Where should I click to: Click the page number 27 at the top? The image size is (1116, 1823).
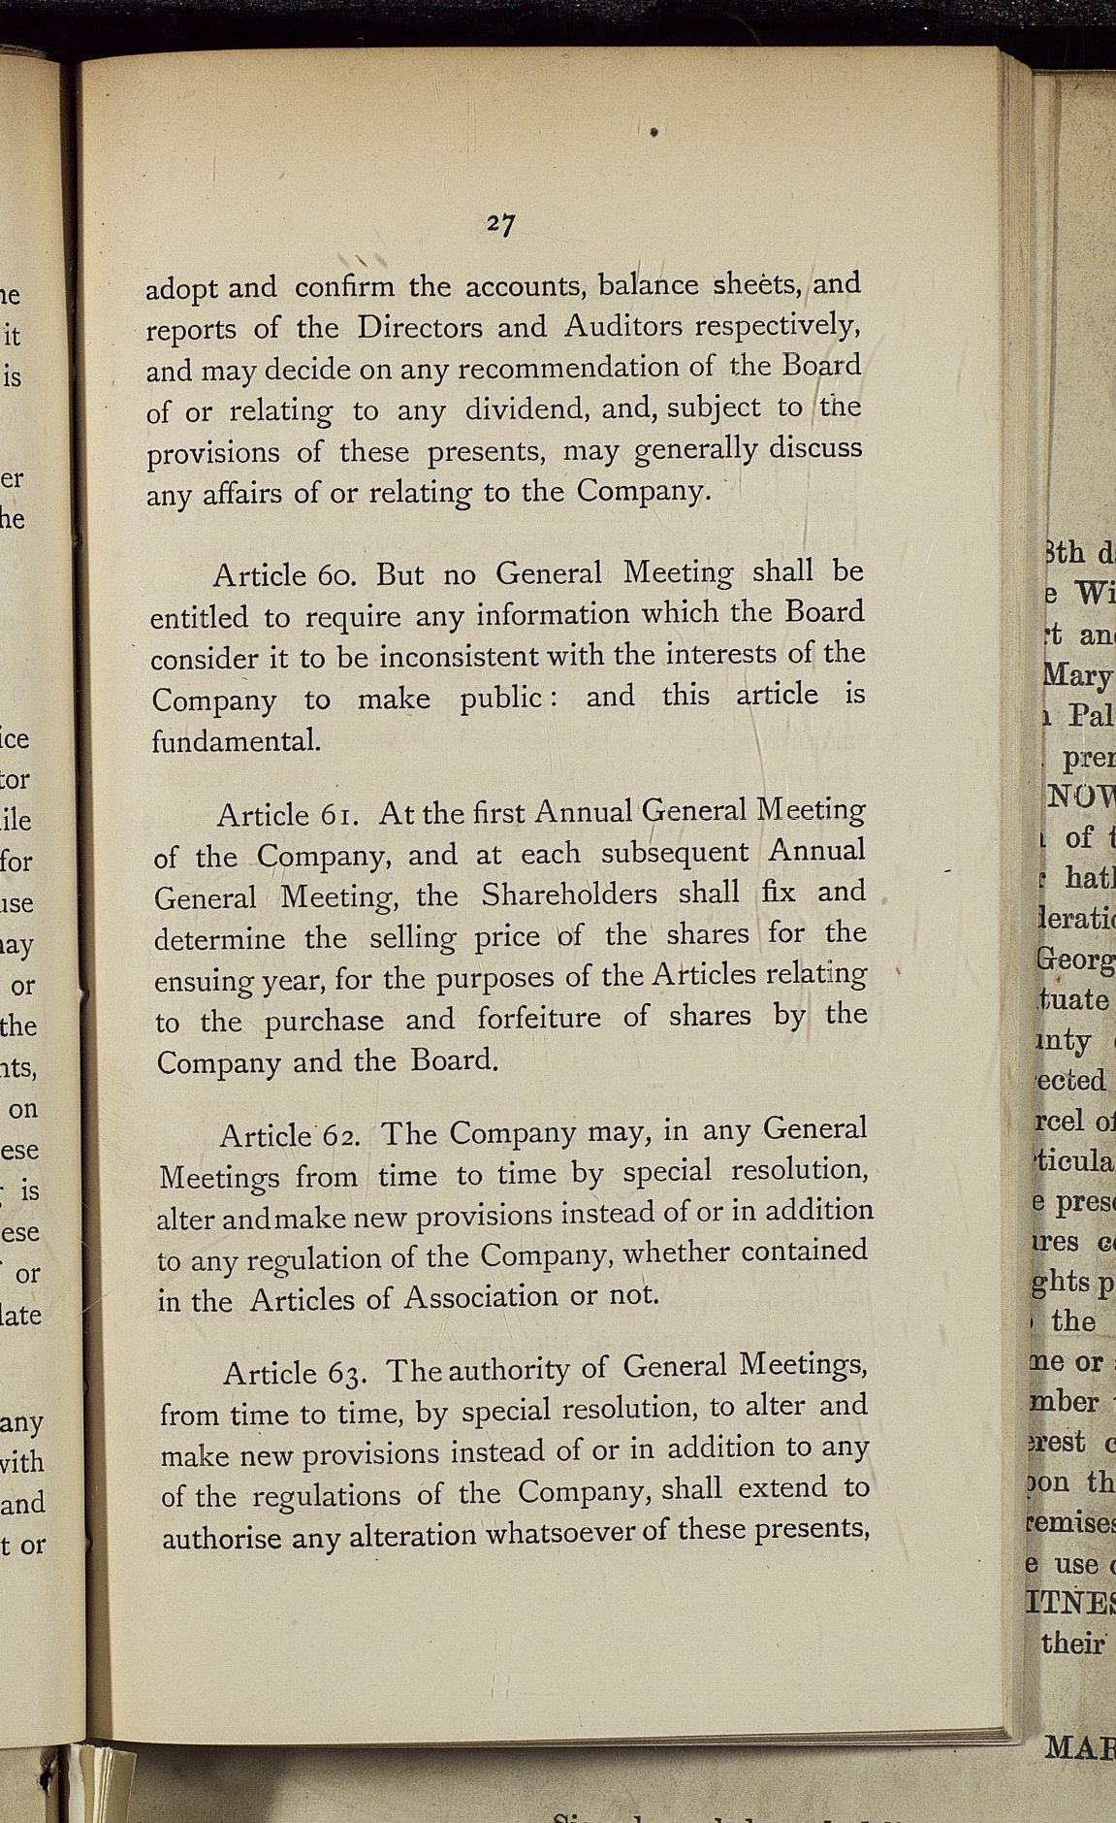500,224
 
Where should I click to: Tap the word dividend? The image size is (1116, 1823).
528,409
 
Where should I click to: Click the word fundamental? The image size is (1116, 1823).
236,742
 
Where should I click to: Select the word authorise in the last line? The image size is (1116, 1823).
221,1540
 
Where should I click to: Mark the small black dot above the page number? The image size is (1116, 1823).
654,131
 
